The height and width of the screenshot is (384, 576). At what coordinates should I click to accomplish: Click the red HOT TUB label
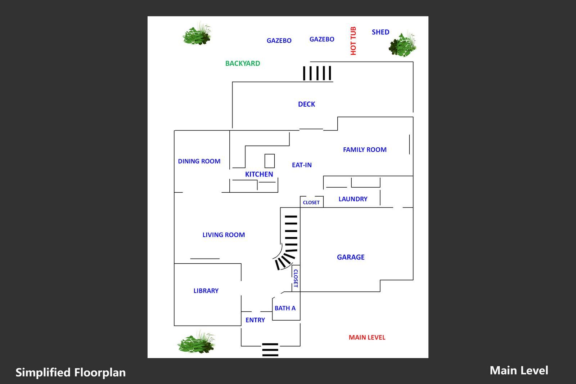(x=353, y=41)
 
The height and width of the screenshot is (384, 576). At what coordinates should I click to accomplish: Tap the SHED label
(x=381, y=32)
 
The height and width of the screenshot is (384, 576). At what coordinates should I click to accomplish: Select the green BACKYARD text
(x=243, y=63)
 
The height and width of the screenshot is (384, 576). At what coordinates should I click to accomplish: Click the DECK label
(x=306, y=104)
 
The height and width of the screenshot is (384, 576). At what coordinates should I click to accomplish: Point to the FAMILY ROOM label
(x=365, y=149)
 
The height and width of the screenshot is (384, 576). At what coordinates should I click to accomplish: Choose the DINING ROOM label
(x=199, y=161)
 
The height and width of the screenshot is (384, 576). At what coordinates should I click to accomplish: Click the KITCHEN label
(x=259, y=174)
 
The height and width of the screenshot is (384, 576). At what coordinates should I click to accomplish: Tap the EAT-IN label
(x=302, y=165)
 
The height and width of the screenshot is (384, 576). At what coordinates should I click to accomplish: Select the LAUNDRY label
(x=353, y=199)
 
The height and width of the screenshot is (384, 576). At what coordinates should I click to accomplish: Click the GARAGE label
(x=351, y=257)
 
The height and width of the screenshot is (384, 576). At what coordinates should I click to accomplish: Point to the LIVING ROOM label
(x=224, y=235)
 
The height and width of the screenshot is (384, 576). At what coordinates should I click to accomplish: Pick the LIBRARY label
(x=206, y=291)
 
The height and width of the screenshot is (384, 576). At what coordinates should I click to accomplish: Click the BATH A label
(x=285, y=308)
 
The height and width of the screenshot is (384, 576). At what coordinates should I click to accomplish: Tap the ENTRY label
(x=255, y=320)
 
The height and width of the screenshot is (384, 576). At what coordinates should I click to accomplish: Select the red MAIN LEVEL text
(x=367, y=338)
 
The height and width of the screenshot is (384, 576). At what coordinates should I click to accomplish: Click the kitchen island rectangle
(x=270, y=161)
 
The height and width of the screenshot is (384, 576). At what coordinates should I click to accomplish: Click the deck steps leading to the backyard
(x=317, y=73)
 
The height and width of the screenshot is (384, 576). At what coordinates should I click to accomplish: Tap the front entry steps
(x=270, y=349)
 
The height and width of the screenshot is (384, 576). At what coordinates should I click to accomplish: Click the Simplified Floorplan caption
(x=71, y=372)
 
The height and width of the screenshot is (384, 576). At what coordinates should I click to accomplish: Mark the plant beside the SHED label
(x=402, y=44)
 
